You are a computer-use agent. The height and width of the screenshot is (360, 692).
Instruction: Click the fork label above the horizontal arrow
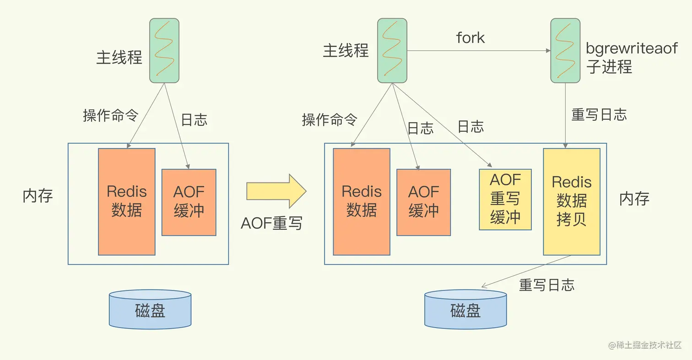coord(470,38)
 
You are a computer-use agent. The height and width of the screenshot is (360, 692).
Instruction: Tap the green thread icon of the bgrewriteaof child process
coord(565,50)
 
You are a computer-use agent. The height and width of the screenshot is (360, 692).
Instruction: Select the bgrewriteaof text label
coord(632,49)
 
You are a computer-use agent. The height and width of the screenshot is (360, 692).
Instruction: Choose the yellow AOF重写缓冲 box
coord(505,199)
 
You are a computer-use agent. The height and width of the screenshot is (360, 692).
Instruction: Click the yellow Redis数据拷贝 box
coord(572,201)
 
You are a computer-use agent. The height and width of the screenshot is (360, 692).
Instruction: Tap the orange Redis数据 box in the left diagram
coord(127,201)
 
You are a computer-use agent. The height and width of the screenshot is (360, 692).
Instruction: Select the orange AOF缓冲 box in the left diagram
coord(189,202)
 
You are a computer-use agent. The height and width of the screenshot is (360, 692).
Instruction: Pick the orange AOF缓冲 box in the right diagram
coord(423,202)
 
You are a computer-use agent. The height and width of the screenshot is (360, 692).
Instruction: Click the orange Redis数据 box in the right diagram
coord(362,201)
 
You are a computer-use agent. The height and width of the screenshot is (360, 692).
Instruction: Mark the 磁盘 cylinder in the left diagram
coord(150,310)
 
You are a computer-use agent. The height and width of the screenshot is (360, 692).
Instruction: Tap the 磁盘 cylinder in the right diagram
coord(465,310)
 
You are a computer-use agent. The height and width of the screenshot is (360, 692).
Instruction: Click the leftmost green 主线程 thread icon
coord(164,50)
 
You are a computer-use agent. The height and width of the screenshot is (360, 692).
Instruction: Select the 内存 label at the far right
coord(634,199)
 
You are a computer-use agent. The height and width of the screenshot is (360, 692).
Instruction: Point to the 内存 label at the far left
coord(38,196)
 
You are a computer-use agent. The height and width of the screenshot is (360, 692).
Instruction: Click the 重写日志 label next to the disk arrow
coord(546,285)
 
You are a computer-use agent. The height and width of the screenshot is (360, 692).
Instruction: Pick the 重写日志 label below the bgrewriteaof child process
coord(599,114)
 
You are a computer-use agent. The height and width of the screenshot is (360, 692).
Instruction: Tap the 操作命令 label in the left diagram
coord(110,115)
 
